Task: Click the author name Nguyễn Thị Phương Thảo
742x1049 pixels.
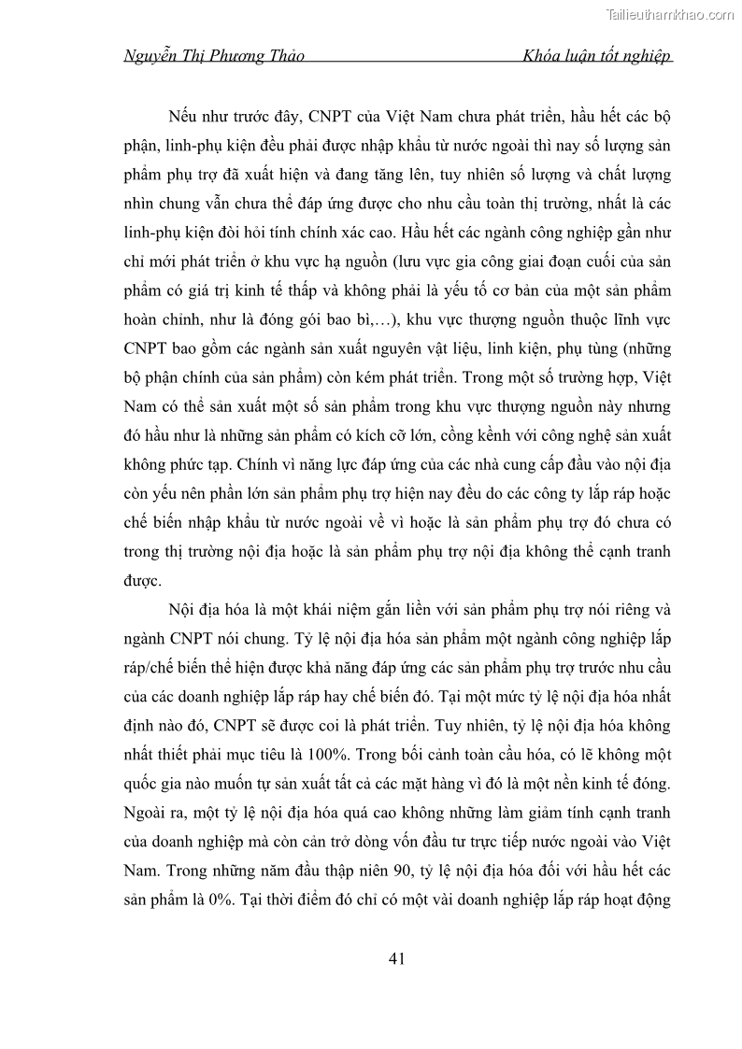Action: click(x=214, y=56)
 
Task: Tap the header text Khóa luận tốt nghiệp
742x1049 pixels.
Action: click(x=598, y=56)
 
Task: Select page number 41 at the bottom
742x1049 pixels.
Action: click(x=395, y=958)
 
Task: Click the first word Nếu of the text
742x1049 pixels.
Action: click(x=183, y=120)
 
